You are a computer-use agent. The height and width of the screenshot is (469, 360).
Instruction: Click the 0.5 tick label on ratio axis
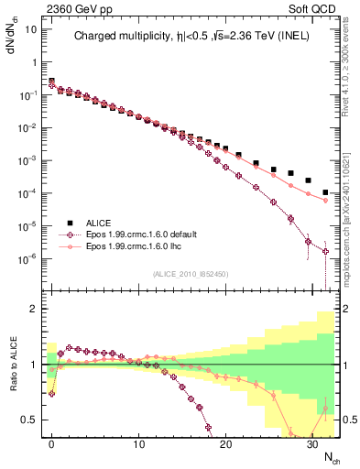click(x=28, y=420)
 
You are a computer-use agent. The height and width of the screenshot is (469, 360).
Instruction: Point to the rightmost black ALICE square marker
click(x=326, y=192)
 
